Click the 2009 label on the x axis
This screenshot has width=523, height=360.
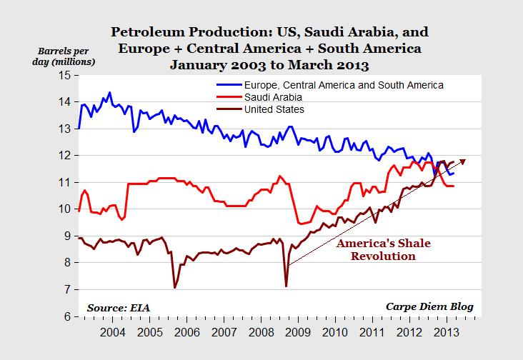click(298, 332)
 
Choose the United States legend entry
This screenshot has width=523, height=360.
click(274, 109)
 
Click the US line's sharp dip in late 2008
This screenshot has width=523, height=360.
click(287, 286)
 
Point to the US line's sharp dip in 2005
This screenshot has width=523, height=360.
click(175, 288)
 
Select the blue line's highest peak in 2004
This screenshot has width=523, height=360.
click(109, 92)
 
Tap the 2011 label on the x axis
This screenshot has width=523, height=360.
click(373, 332)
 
